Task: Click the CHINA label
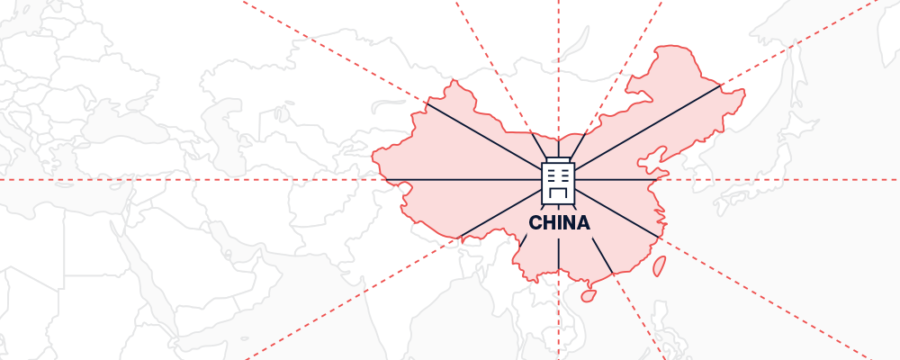point(559,223)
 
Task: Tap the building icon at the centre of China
point(558,180)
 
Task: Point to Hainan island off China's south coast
point(589,294)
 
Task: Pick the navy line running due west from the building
point(459,180)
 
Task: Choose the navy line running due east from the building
point(621,180)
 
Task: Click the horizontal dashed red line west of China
point(180,180)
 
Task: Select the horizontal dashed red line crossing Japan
point(765,180)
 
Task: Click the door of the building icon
point(558,192)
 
